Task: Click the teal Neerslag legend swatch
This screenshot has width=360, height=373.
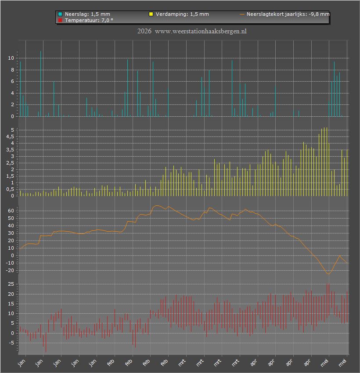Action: tap(60, 14)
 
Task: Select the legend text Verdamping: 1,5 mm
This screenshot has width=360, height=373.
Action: tap(182, 14)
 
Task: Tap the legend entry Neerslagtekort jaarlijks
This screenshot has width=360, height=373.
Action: tap(285, 14)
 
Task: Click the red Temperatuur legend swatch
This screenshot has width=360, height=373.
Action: tap(60, 20)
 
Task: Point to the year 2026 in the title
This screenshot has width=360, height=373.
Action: tap(144, 31)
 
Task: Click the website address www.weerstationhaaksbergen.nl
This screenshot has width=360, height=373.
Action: tap(201, 32)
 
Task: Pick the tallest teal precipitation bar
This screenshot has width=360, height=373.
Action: tap(40, 83)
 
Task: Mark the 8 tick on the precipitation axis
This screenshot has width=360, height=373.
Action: tap(12, 70)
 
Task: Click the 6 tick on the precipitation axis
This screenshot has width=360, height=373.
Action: tap(12, 81)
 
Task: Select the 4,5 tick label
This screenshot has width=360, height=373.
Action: tap(10, 136)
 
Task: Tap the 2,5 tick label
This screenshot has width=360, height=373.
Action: tap(10, 163)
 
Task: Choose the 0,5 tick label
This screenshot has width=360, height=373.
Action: tap(10, 190)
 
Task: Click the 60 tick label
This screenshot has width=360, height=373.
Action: tap(11, 211)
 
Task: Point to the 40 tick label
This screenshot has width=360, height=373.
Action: tap(11, 226)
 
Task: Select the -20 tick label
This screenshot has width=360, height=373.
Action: tap(10, 270)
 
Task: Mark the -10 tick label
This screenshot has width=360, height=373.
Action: tap(10, 263)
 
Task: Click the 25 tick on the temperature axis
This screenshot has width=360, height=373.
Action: tap(11, 284)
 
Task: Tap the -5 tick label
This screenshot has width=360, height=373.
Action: tap(11, 343)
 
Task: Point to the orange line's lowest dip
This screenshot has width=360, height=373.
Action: tap(328, 274)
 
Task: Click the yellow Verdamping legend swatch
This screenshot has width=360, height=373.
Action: tap(151, 14)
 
